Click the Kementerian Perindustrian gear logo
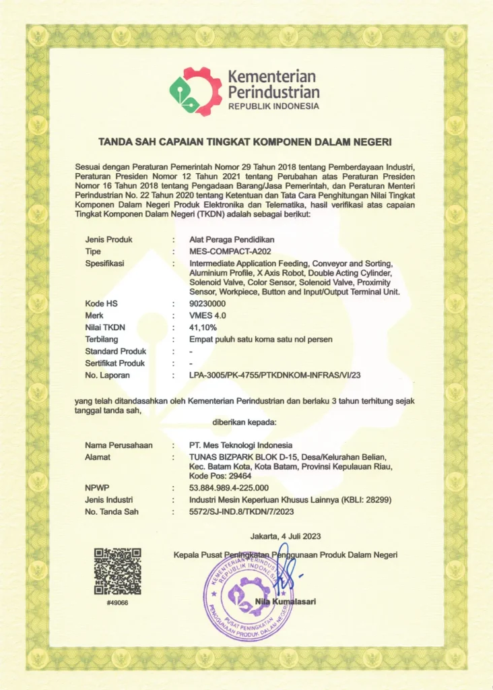click(195, 91)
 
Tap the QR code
click(117, 571)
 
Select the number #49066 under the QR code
click(117, 602)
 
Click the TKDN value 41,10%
click(204, 327)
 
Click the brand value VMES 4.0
click(208, 315)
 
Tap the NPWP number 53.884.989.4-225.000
click(229, 487)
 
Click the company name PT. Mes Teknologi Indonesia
click(241, 445)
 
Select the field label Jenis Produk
click(108, 239)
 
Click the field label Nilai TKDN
click(106, 327)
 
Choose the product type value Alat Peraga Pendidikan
click(232, 239)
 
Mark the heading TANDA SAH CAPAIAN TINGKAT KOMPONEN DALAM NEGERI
click(245, 142)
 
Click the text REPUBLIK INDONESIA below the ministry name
click(273, 106)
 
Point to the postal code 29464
click(240, 476)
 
